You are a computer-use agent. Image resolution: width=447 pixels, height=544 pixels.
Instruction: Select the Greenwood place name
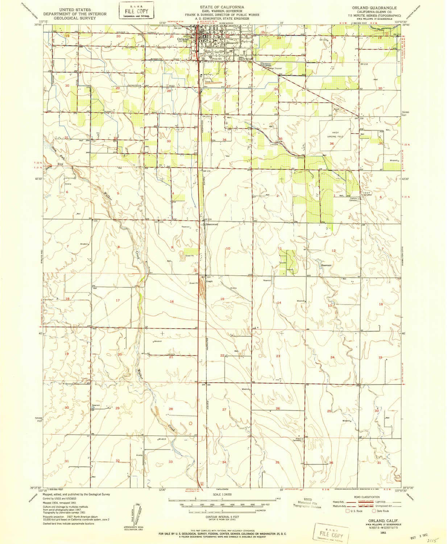(212, 224)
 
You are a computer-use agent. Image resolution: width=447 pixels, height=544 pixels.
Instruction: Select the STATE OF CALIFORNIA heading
(222, 7)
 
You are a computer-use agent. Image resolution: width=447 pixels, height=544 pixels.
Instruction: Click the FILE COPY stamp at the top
(137, 11)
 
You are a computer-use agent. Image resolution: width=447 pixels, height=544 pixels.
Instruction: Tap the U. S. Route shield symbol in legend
(347, 511)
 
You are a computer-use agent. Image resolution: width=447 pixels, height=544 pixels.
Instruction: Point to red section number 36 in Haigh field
(332, 144)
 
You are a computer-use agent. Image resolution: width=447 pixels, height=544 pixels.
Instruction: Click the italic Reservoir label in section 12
(326, 265)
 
